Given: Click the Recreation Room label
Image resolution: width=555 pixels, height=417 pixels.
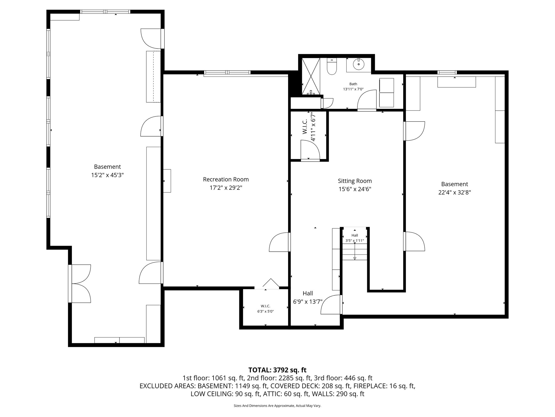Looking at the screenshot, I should coord(226,179).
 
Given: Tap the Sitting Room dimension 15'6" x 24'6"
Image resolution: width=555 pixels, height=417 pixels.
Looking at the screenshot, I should coord(354,189).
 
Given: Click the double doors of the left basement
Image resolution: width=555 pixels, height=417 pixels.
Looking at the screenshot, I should coord(80,283).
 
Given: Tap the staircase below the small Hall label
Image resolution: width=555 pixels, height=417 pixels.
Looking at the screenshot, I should coord(354,252).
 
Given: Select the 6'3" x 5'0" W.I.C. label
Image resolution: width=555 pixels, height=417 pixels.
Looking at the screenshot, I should coord(265,311).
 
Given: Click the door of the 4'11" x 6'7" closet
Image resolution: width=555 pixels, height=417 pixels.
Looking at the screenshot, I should coord(311,151).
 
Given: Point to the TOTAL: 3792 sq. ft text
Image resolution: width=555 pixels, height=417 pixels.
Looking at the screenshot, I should coord(277,370).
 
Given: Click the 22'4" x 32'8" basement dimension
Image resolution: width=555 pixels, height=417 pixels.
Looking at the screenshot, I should coord(454,192).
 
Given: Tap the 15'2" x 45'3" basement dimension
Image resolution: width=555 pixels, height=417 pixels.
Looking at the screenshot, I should coord(107,175).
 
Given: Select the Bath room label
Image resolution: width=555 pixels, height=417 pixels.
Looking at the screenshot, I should coord(353,84).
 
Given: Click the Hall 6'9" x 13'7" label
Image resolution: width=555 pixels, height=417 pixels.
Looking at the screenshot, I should coord(308,297).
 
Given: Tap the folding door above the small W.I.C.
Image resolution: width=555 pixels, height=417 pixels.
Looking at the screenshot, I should coord(271,283).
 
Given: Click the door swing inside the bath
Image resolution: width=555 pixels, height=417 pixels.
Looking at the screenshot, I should coord(367,100).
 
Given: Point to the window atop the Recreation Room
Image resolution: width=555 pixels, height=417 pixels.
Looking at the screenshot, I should coord(227,72).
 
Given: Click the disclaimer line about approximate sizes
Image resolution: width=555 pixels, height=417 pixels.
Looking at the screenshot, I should coord(277,406).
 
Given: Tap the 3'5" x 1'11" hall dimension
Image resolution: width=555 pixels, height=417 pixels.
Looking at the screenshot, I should coord(354,241).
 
